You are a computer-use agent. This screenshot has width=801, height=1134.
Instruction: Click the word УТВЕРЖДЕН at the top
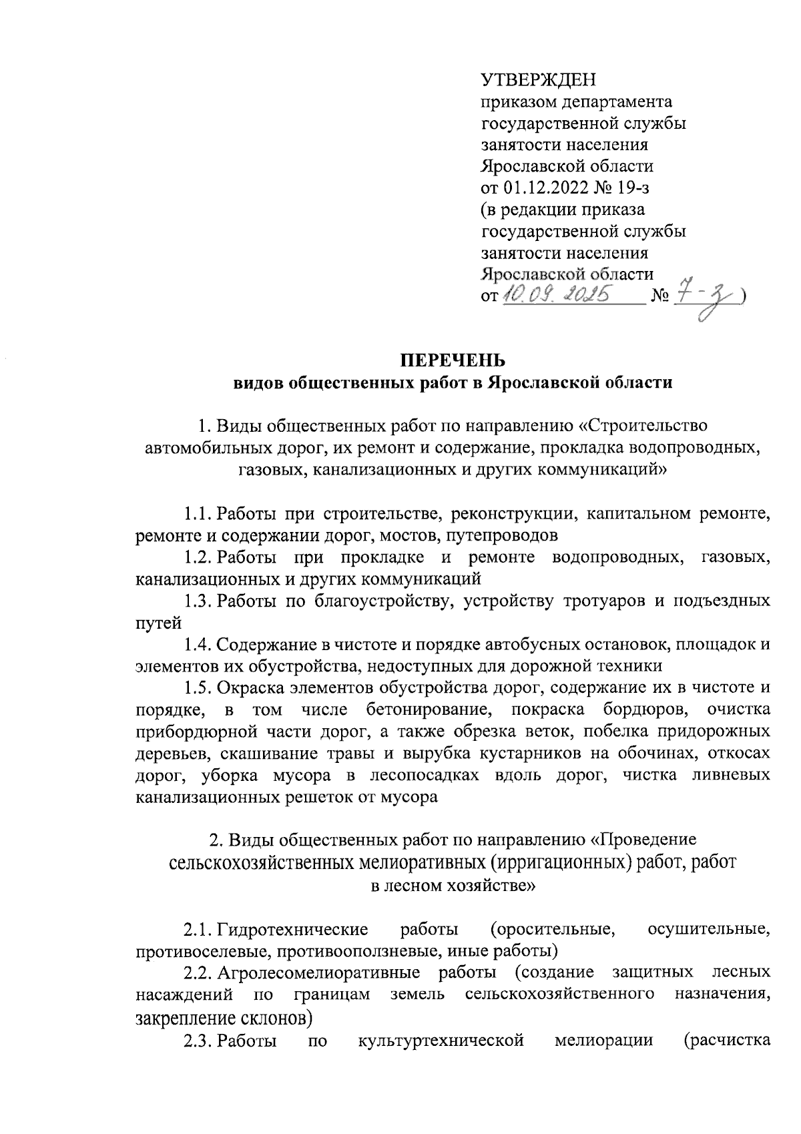(537, 81)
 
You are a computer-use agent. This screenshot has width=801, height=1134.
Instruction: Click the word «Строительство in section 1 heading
(642, 426)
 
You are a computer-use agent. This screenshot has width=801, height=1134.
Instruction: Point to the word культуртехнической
(441, 1041)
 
